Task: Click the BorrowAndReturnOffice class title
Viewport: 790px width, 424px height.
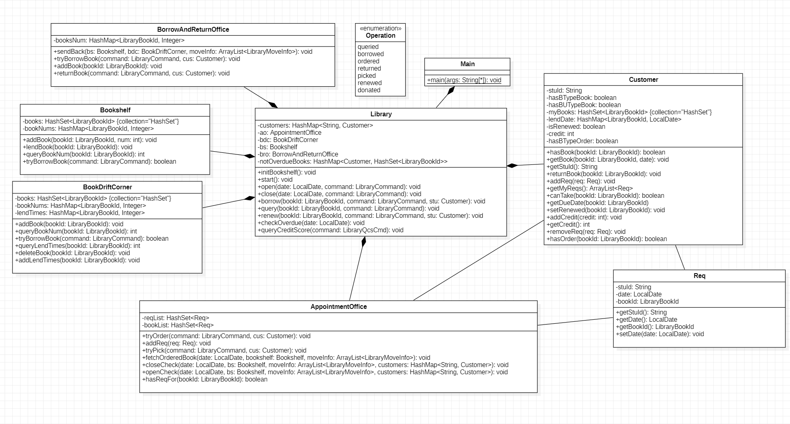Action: click(x=193, y=30)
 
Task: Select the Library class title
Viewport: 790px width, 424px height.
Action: click(x=381, y=114)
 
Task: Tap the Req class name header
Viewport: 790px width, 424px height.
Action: click(x=699, y=276)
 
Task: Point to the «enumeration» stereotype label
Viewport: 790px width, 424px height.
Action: click(x=380, y=28)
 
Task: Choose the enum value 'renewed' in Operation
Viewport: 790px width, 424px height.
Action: click(x=370, y=83)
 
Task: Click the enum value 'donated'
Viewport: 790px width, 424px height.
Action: click(x=369, y=90)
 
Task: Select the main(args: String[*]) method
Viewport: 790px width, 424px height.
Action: click(x=464, y=80)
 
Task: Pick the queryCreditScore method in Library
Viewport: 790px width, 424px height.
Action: click(x=330, y=230)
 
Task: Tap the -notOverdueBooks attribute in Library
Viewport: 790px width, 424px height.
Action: click(x=352, y=162)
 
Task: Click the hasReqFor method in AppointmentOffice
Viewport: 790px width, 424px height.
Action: click(x=205, y=379)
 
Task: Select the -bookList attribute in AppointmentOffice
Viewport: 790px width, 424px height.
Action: click(x=178, y=325)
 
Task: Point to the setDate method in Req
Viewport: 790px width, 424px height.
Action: click(x=660, y=334)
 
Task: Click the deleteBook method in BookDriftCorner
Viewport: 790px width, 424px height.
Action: click(x=72, y=253)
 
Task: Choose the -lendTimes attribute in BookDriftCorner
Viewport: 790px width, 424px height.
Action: click(x=80, y=213)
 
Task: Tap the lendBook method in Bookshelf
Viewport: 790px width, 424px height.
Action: click(x=77, y=147)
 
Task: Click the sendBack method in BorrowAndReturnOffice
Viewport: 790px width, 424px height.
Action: click(x=183, y=52)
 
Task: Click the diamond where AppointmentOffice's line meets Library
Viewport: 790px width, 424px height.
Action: click(x=364, y=241)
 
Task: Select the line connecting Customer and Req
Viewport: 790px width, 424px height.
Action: click(x=680, y=258)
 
